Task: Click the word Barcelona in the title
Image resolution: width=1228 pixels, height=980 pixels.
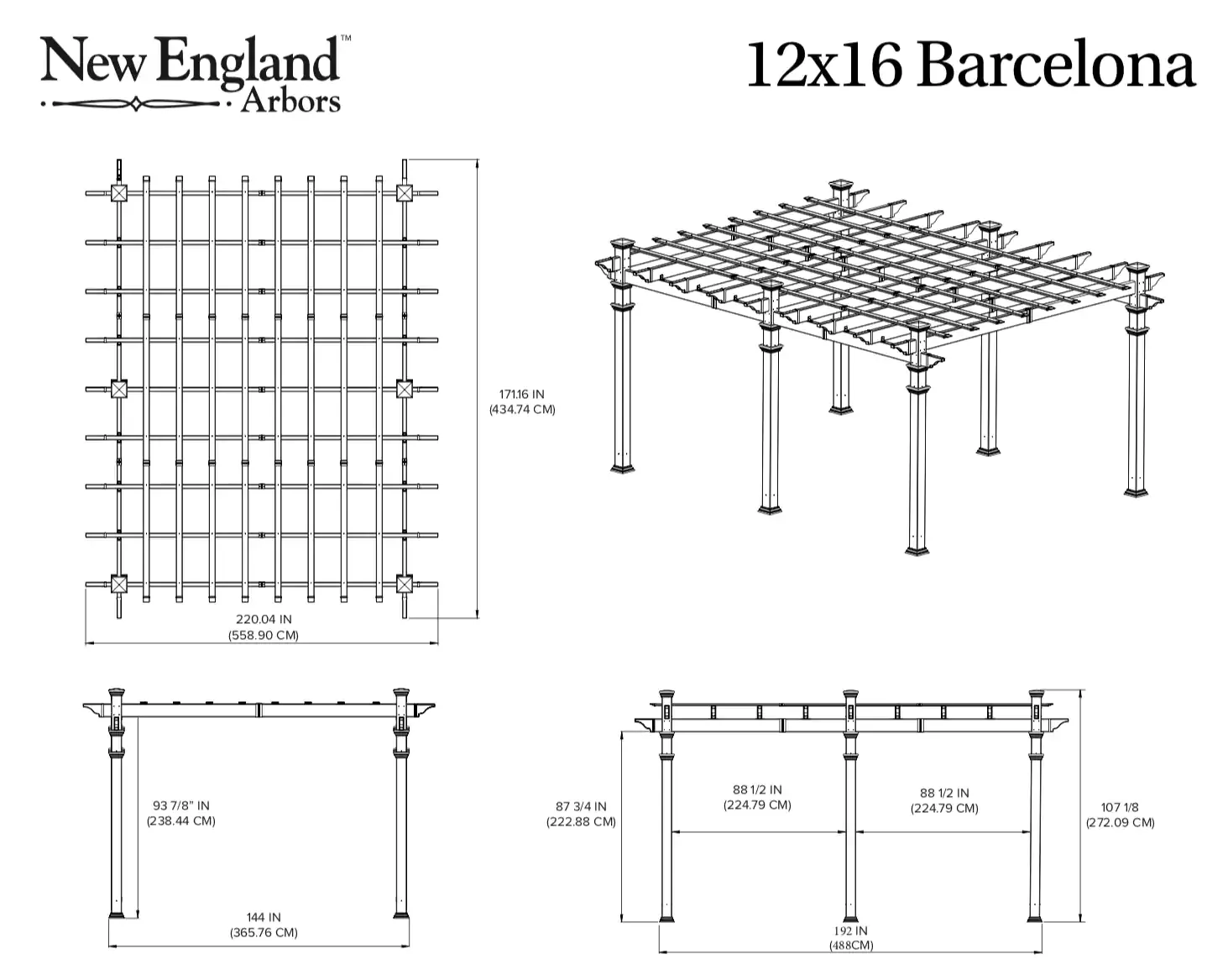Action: coord(1056,66)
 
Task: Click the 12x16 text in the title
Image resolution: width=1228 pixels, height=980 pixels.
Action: coord(823,66)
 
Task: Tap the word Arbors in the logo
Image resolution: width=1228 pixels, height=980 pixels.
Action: coord(290,101)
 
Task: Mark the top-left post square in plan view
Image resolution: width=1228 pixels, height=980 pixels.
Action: coord(119,194)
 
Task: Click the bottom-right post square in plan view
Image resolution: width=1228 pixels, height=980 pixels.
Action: coord(405,584)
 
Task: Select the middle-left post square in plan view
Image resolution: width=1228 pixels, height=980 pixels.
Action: coord(119,389)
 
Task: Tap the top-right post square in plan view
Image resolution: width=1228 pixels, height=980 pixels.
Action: coord(405,194)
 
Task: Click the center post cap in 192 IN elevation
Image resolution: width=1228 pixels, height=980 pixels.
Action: coord(850,696)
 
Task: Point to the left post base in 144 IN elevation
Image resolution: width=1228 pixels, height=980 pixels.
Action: coord(117,913)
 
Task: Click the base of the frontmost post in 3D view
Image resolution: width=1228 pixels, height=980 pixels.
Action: coord(917,549)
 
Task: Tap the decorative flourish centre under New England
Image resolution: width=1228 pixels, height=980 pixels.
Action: coord(136,105)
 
